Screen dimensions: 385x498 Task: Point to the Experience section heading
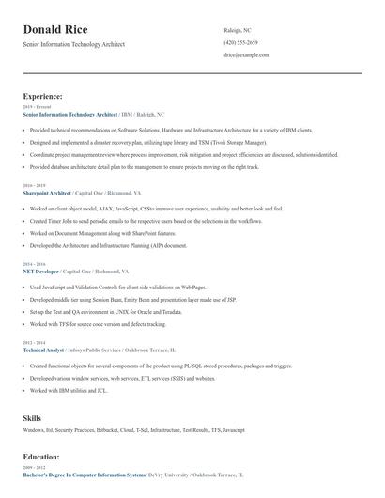[x=43, y=96]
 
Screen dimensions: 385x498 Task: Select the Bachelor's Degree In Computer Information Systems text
[x=84, y=475]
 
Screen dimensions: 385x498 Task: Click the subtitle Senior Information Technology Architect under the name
[x=72, y=44]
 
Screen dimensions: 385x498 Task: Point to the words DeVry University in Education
[x=167, y=475]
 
